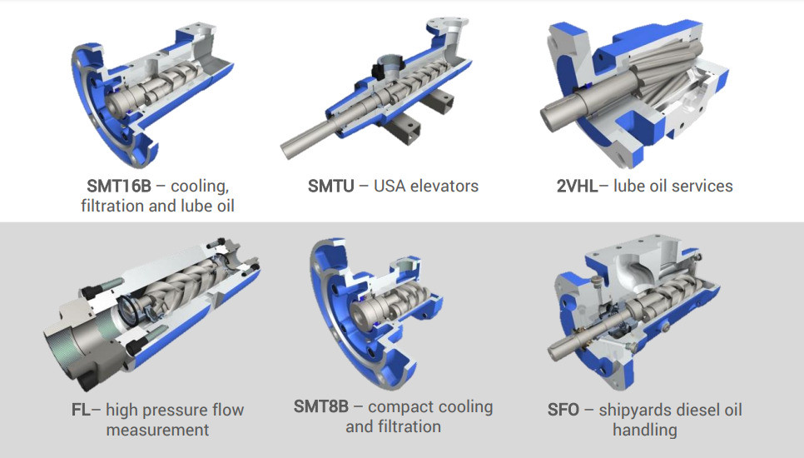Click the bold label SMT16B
click(119, 186)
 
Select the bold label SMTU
click(330, 186)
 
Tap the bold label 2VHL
click(577, 186)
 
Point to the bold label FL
click(81, 410)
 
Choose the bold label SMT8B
click(321, 406)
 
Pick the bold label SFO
click(563, 410)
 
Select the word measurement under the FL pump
click(157, 430)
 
